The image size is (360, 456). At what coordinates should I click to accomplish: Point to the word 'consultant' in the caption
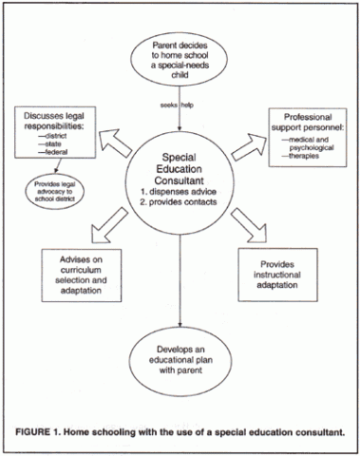pyautogui.click(x=318, y=434)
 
